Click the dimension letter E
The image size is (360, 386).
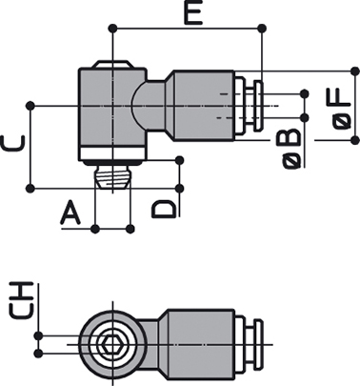(193, 13)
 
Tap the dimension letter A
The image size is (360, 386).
(70, 214)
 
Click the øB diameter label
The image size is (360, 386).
(291, 149)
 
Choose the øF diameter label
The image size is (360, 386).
(342, 109)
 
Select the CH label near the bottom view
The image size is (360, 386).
(21, 300)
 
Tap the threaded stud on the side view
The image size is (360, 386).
(112, 176)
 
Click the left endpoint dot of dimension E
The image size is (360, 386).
(112, 29)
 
